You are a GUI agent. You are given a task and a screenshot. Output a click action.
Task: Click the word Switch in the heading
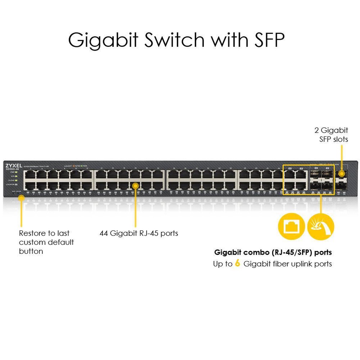(x=174, y=40)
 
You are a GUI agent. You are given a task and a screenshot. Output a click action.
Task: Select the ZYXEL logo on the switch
(x=13, y=165)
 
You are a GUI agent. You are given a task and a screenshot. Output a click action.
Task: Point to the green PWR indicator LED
(x=16, y=172)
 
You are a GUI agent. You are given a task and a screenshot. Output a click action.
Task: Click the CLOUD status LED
(x=16, y=180)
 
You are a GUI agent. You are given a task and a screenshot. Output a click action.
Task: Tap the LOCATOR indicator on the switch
(x=16, y=184)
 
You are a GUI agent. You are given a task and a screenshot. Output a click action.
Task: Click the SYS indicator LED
(x=16, y=176)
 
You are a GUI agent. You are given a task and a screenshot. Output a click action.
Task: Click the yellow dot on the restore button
(x=21, y=198)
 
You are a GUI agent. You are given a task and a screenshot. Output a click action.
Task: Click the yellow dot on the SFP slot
(x=341, y=173)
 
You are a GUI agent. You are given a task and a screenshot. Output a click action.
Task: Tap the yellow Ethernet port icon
(x=291, y=226)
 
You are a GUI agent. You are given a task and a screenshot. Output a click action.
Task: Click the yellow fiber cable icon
(x=321, y=226)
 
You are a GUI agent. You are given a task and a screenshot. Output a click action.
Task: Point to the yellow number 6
(x=238, y=263)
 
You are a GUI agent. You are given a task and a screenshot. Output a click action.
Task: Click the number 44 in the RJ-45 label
(x=103, y=233)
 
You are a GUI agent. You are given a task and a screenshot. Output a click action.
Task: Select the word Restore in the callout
(x=32, y=233)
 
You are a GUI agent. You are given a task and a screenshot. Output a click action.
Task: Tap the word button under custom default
(x=31, y=251)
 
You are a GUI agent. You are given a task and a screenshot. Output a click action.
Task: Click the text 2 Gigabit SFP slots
(x=332, y=135)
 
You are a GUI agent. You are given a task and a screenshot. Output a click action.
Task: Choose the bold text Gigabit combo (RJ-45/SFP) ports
(x=273, y=252)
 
